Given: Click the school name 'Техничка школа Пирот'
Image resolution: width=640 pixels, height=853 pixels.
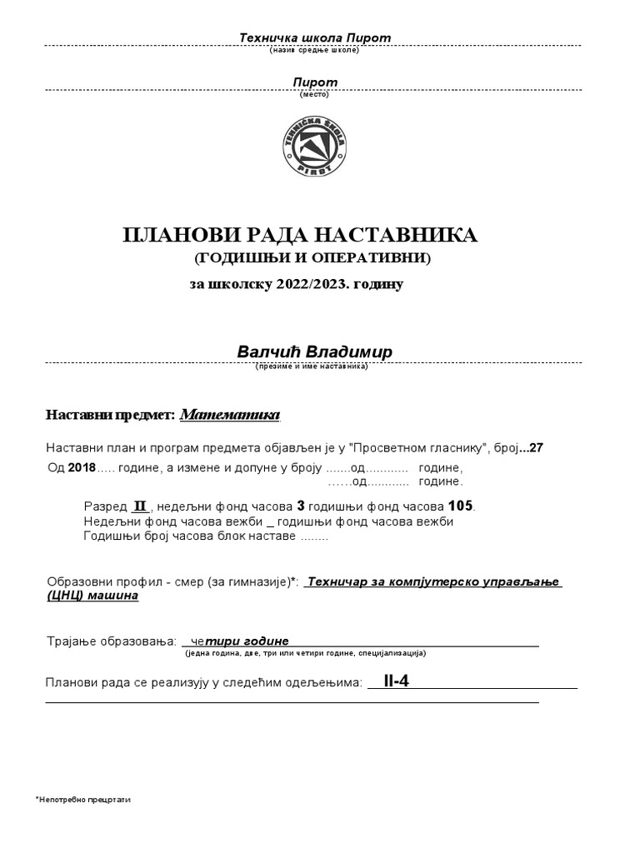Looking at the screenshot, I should click(314, 38).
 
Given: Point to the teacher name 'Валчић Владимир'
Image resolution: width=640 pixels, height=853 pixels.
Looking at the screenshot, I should click(314, 352).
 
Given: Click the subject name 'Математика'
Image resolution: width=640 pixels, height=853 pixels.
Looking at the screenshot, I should click(231, 414).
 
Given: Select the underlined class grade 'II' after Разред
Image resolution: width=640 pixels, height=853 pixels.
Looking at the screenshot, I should click(140, 506).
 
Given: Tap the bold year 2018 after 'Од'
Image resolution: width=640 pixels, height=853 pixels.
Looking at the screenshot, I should click(82, 468).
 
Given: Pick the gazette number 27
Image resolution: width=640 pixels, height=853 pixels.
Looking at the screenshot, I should click(535, 447).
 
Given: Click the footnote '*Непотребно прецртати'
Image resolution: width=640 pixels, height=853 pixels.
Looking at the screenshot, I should click(83, 799).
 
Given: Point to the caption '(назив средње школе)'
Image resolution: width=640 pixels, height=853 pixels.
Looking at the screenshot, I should click(314, 51).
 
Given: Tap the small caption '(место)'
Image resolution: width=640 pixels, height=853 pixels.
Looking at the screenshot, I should click(314, 94).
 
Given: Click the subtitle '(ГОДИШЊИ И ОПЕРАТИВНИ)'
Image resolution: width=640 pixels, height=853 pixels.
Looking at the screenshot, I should click(312, 259).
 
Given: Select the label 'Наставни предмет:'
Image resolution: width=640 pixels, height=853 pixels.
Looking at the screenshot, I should click(110, 415).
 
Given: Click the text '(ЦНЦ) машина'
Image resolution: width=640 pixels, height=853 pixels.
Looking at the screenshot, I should click(92, 596).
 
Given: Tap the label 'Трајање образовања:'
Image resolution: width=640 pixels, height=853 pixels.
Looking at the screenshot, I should click(112, 642).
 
